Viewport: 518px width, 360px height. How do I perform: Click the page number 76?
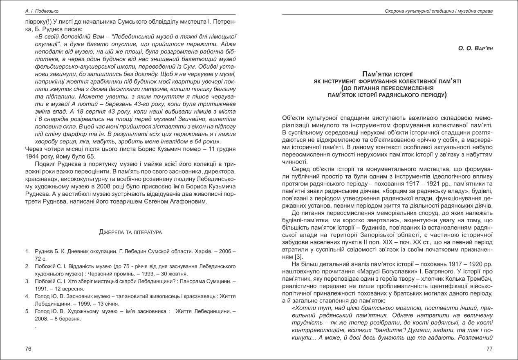[x=28, y=349]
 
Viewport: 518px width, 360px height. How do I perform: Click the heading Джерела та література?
[x=130, y=232]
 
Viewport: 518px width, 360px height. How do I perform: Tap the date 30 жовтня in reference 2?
[x=174, y=273]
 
